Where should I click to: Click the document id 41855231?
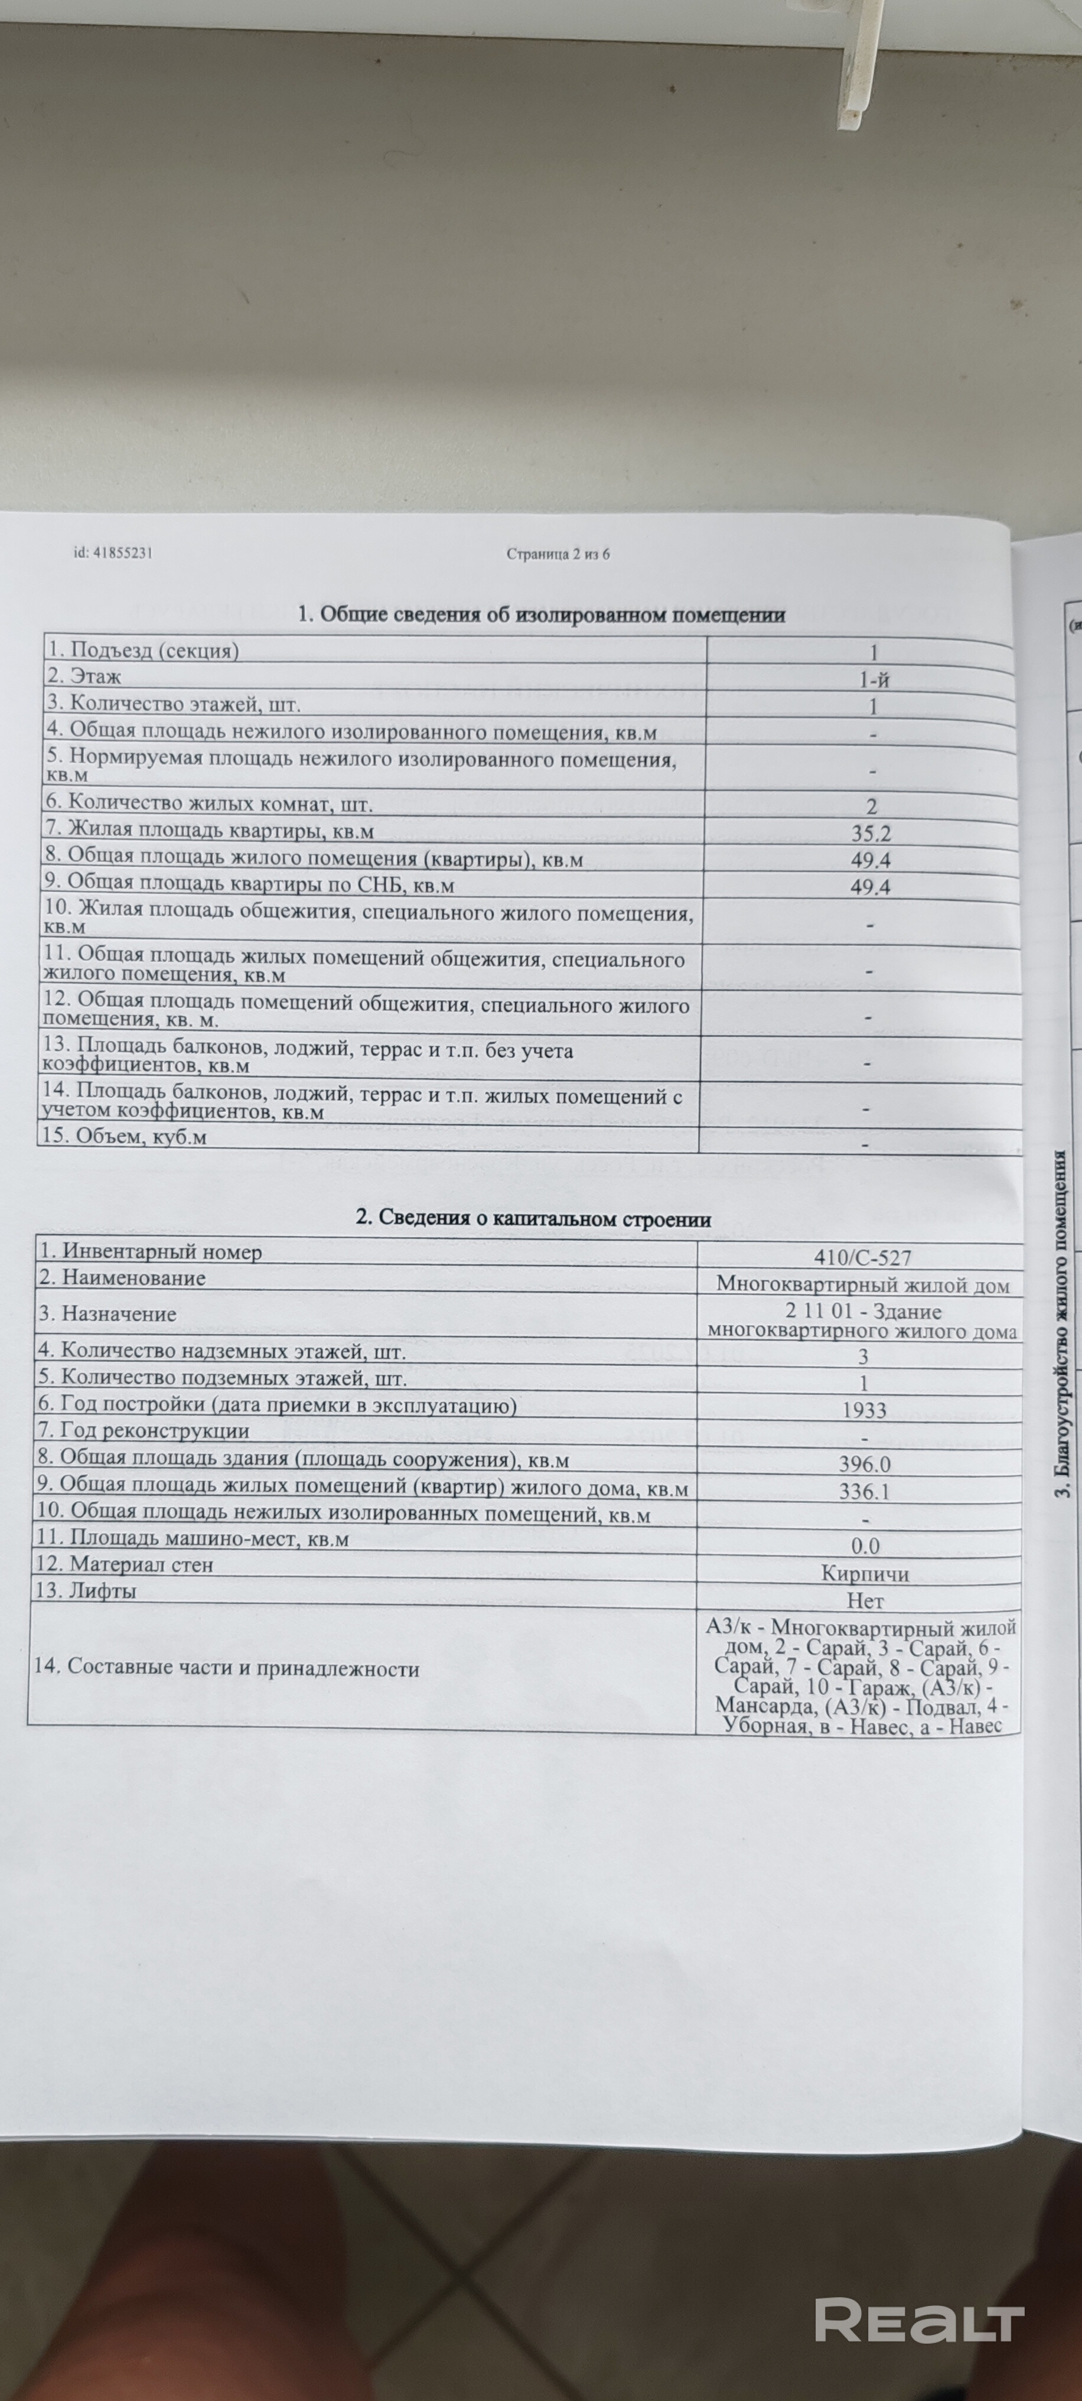point(113,553)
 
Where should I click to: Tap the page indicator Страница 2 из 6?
point(558,554)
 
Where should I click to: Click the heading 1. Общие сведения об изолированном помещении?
point(540,614)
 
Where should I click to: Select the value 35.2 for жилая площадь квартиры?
point(871,832)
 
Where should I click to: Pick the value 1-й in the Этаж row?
point(874,679)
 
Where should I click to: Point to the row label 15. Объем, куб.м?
point(123,1136)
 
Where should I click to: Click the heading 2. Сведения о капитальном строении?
point(533,1218)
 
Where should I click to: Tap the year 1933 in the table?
point(863,1410)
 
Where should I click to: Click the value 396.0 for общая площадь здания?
point(864,1464)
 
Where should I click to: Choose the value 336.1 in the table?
point(864,1491)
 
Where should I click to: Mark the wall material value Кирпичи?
point(865,1573)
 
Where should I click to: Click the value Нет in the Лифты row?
point(864,1600)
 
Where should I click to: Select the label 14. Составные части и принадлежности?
point(226,1668)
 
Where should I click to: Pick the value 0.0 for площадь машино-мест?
point(865,1546)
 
